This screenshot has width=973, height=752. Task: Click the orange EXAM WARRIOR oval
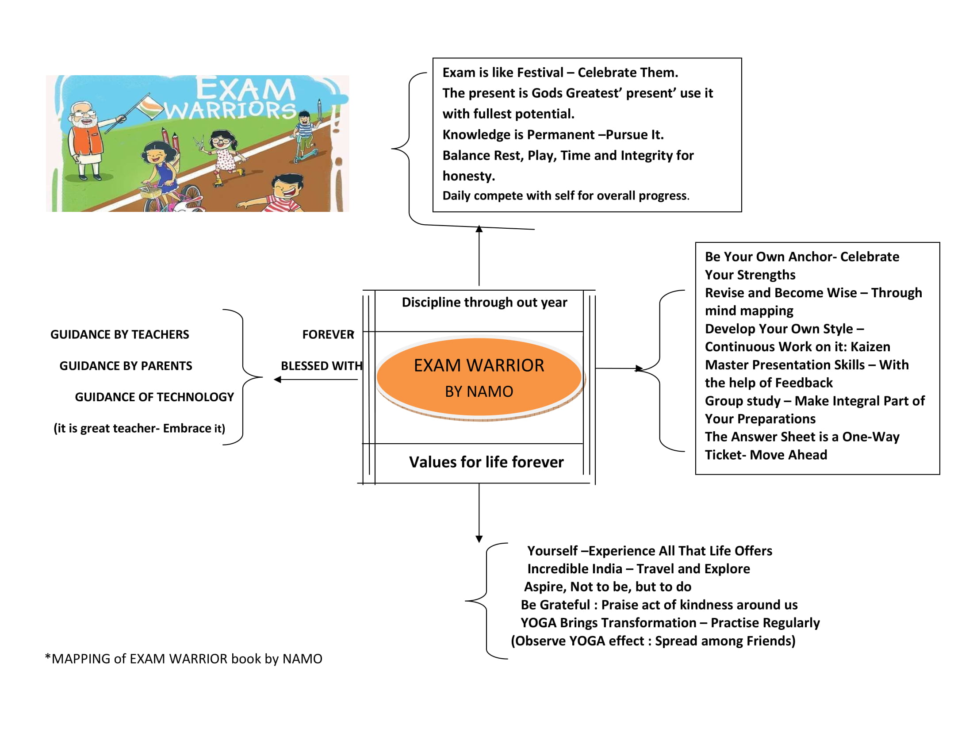click(479, 378)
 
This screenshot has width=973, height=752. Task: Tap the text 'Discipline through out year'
click(484, 303)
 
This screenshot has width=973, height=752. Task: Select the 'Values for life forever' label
click(486, 462)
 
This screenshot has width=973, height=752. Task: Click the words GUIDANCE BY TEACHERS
click(119, 334)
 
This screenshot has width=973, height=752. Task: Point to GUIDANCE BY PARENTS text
click(126, 366)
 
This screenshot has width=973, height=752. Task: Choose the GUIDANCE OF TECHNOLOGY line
click(154, 397)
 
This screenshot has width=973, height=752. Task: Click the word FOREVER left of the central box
click(328, 334)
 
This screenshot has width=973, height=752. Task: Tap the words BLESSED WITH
click(321, 366)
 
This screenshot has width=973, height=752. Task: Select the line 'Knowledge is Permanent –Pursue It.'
click(553, 134)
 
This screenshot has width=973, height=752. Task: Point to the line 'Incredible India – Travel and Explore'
click(638, 569)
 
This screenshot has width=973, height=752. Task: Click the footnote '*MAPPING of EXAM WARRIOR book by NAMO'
click(184, 659)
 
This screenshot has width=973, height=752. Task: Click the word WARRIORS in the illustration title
click(230, 110)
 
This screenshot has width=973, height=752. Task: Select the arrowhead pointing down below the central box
click(479, 539)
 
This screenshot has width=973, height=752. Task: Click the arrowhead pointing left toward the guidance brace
click(278, 380)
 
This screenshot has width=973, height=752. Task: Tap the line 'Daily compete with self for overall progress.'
click(566, 196)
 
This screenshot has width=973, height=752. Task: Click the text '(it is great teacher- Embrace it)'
click(139, 428)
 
